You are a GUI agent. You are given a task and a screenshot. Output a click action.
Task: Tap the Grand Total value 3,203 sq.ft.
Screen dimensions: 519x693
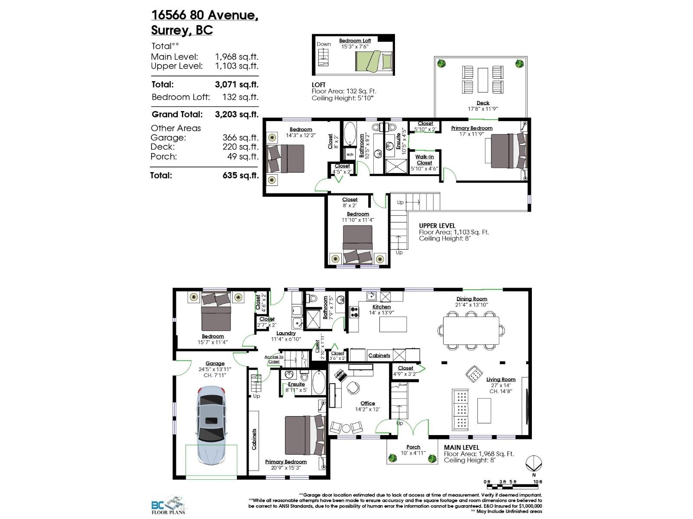pyautogui.click(x=236, y=115)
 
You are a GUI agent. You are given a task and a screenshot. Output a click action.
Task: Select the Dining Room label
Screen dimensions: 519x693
pyautogui.click(x=472, y=299)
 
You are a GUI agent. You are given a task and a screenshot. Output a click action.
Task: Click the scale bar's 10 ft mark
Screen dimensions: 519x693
pyautogui.click(x=538, y=482)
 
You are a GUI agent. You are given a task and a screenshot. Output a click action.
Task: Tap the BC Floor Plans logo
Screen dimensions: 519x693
pyautogui.click(x=168, y=505)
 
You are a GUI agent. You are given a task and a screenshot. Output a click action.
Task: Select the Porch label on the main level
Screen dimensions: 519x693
pyautogui.click(x=413, y=447)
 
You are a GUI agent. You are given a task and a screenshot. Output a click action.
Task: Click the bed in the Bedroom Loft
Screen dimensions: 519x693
pyautogui.click(x=374, y=61)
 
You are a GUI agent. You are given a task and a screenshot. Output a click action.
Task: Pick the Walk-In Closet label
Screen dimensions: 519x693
pyautogui.click(x=424, y=160)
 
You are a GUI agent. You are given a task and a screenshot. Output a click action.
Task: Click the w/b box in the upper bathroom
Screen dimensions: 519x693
pyautogui.click(x=350, y=154)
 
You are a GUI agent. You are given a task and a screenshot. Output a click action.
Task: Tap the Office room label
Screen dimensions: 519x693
pyautogui.click(x=368, y=403)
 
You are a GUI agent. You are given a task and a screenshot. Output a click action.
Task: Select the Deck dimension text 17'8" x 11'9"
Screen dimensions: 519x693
pyautogui.click(x=483, y=109)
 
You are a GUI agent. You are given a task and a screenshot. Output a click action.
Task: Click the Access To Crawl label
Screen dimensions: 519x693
pyautogui.click(x=274, y=359)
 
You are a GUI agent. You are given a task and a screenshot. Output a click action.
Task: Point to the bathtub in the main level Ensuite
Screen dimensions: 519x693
pyautogui.click(x=318, y=382)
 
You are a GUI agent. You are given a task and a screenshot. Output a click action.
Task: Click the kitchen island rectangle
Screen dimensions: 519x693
pyautogui.click(x=393, y=324)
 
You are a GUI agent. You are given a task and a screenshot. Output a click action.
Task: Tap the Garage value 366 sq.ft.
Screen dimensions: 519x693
pyautogui.click(x=240, y=138)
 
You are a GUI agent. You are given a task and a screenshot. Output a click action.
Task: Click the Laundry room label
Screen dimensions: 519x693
pyautogui.click(x=286, y=333)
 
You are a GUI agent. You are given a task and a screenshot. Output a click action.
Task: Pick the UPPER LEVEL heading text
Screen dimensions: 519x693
pyautogui.click(x=437, y=226)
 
